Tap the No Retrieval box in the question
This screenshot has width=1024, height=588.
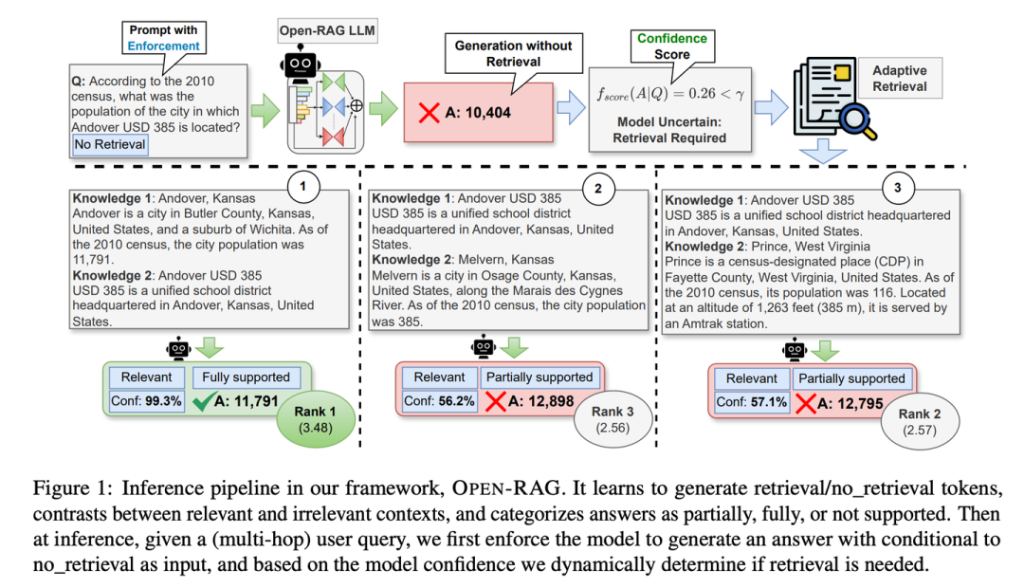click(x=109, y=145)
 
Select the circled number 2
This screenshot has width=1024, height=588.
click(x=598, y=188)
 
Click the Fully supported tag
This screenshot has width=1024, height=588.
click(x=240, y=377)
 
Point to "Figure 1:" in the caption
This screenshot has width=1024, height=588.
click(x=67, y=488)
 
